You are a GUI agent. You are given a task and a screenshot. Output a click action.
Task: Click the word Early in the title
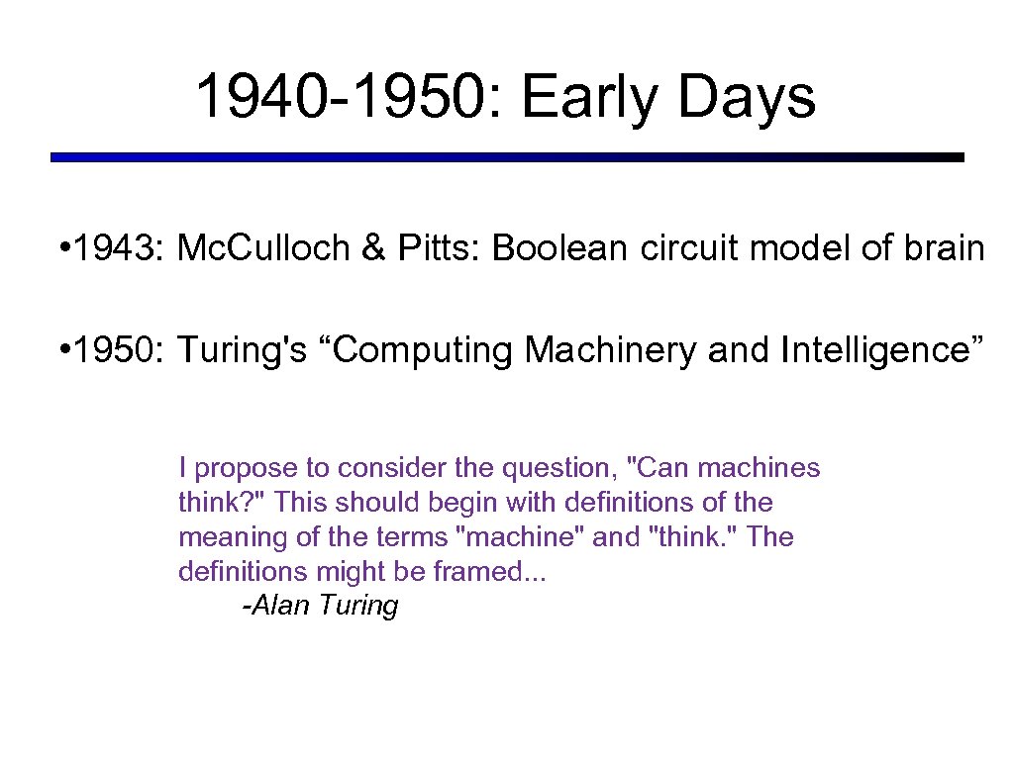coord(583,98)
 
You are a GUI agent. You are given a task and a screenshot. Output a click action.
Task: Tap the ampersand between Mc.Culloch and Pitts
coord(373,248)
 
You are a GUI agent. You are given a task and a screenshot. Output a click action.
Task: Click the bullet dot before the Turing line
coord(62,350)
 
